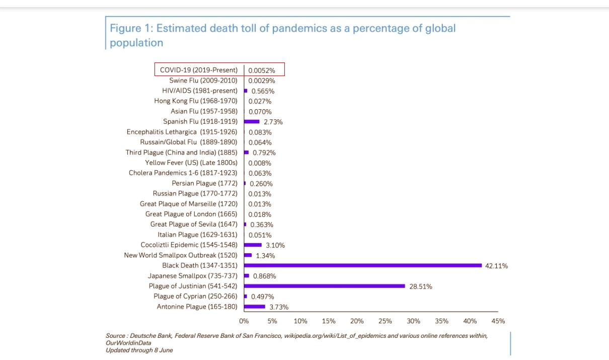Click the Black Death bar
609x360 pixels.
point(363,265)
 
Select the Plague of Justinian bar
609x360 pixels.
point(325,286)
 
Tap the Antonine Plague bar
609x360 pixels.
point(255,307)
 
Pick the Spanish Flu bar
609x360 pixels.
point(252,121)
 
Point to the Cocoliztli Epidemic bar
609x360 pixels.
point(253,245)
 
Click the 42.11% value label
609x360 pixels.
point(496,266)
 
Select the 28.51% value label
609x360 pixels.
point(420,286)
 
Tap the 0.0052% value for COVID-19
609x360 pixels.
point(262,70)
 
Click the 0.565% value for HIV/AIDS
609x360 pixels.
point(263,91)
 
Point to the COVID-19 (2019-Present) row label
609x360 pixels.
point(199,70)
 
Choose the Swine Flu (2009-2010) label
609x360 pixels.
point(203,81)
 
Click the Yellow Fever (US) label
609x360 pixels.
point(191,163)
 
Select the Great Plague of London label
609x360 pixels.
point(191,214)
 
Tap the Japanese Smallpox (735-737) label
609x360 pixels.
point(193,276)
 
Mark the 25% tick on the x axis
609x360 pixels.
point(385,321)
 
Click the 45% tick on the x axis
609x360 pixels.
point(498,321)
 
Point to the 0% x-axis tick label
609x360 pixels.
point(244,321)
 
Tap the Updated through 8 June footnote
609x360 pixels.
point(139,350)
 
